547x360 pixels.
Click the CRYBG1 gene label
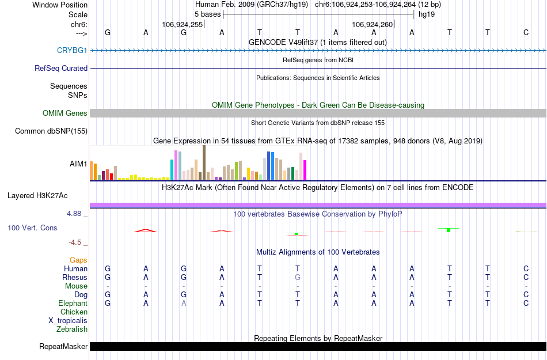pos(72,50)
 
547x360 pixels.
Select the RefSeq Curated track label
pos(61,68)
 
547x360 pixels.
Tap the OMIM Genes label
pos(65,113)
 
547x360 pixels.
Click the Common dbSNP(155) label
pos(51,131)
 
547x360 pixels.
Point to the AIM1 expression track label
pos(78,164)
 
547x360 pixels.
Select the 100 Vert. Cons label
pos(32,228)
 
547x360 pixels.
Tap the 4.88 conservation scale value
pos(76,214)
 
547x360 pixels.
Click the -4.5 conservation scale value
pos(78,242)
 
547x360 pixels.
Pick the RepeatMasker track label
pos(63,347)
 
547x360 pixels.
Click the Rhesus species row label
pos(75,277)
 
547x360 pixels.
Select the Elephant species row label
pos(73,303)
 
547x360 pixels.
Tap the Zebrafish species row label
pos(72,329)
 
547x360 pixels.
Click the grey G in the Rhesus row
pos(297,277)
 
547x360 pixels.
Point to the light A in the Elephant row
pos(184,303)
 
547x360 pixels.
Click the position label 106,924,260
pos(373,24)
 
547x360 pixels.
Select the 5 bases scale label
pos(207,14)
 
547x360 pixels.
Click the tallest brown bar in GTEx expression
pos(204,162)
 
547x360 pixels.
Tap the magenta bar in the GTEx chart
pos(305,169)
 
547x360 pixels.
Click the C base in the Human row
pos(526,268)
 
